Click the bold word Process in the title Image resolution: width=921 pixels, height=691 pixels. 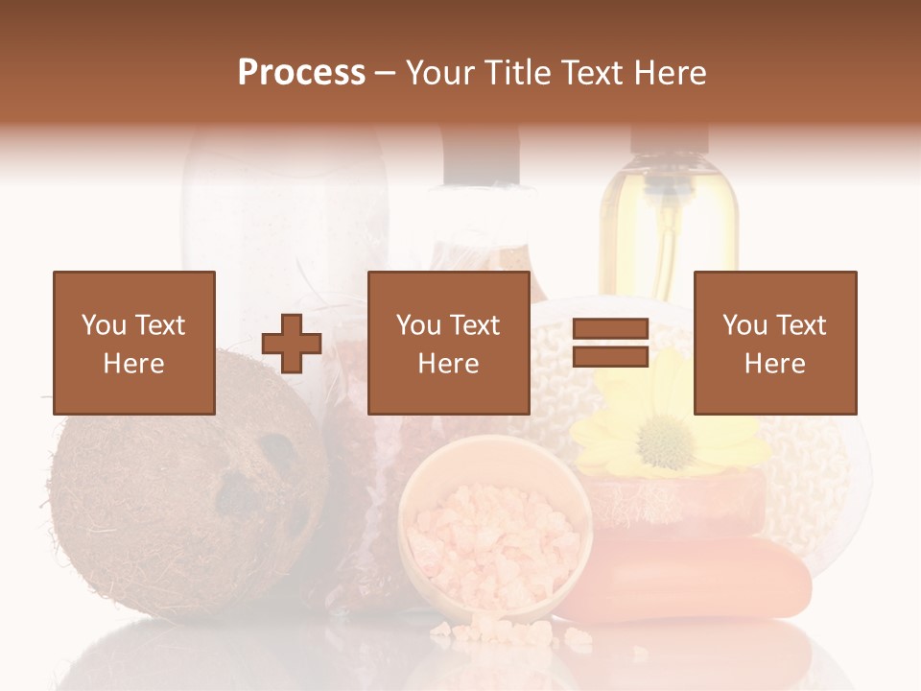(301, 73)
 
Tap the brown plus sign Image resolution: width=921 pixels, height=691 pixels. (292, 343)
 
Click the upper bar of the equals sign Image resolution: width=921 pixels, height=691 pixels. (610, 329)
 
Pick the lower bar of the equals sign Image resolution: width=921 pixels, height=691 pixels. (610, 356)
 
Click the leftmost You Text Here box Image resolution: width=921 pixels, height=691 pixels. (133, 343)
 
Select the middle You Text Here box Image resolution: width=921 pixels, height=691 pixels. (448, 343)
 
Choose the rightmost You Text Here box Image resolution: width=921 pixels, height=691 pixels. (774, 343)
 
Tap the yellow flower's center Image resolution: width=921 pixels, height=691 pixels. (665, 442)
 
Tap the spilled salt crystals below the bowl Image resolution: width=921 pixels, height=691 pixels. (489, 631)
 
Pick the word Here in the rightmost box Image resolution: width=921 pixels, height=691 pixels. (774, 364)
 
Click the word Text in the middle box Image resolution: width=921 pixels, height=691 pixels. (473, 325)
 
